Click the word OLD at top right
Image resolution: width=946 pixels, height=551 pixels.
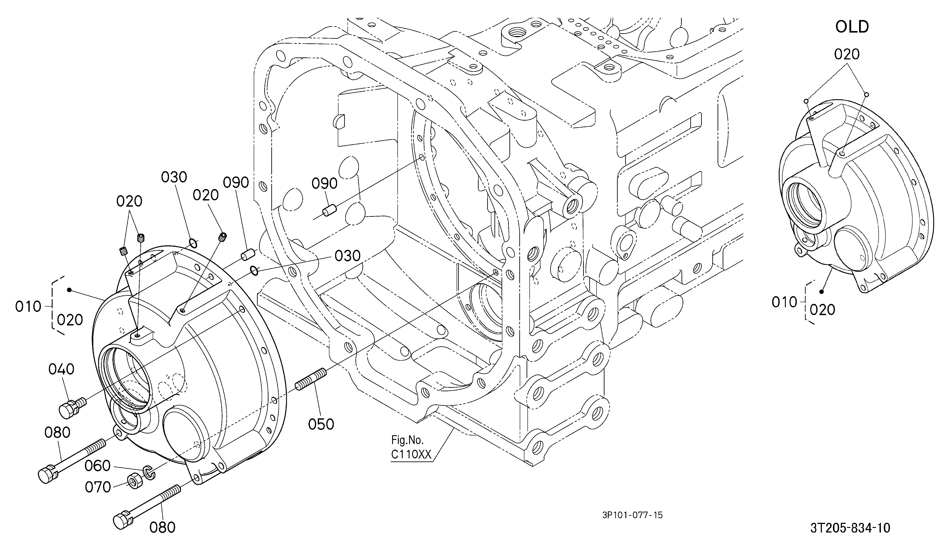852,27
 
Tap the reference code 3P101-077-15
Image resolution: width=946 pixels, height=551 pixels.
633,515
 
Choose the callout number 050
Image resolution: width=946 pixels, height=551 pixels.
321,424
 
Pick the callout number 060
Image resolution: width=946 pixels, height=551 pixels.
97,466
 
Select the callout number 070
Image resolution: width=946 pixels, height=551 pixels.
98,487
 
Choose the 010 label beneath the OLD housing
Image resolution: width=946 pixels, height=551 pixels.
784,302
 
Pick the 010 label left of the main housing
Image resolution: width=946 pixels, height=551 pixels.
28,307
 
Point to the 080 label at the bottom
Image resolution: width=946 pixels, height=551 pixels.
163,528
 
